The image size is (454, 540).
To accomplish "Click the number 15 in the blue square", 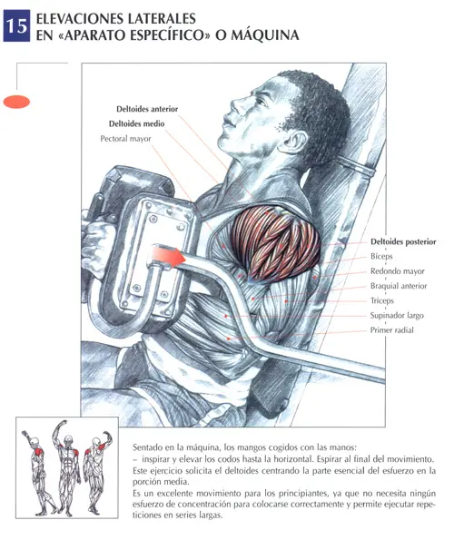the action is click(x=16, y=25).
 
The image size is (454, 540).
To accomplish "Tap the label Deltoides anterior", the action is click(x=147, y=109).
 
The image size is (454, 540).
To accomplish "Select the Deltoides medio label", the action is click(x=136, y=123).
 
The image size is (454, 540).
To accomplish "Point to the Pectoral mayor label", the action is click(x=125, y=139).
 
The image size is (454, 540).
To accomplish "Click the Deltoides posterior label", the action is click(x=403, y=241).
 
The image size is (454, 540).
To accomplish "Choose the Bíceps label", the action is click(x=381, y=257).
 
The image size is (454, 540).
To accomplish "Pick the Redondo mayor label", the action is click(x=398, y=271).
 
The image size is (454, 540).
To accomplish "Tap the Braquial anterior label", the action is click(x=399, y=286).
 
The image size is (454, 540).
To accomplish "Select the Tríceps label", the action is click(x=382, y=300).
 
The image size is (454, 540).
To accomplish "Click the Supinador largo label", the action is click(x=397, y=316).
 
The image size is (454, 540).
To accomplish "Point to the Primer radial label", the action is click(x=392, y=330).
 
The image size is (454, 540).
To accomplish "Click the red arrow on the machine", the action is click(x=169, y=256).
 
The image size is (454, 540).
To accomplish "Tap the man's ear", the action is click(x=292, y=142).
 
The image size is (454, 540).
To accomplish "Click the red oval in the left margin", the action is click(x=16, y=102).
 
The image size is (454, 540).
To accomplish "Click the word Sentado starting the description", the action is click(x=147, y=447).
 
